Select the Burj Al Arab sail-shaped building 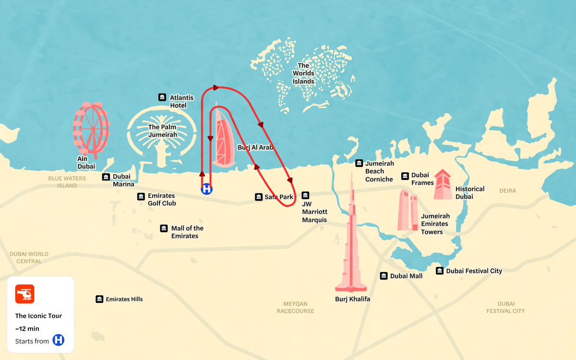(223, 139)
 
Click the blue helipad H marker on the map (206, 189)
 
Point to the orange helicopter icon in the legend (24, 294)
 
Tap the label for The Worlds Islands (303, 73)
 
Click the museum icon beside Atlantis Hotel (162, 97)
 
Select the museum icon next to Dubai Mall (384, 276)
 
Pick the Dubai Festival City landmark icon (440, 271)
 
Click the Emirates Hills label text (124, 299)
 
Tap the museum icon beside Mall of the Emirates (164, 228)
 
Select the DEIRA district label (507, 191)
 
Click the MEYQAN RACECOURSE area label (295, 307)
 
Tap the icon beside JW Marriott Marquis (305, 195)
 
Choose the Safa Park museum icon (259, 197)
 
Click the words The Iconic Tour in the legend (38, 316)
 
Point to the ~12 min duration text (27, 329)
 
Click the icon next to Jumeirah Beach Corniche (359, 163)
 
